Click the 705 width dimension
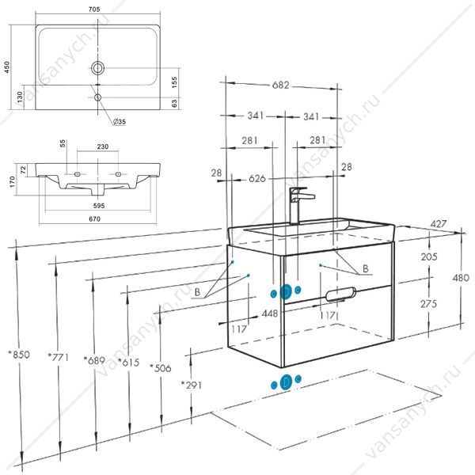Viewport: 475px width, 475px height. click(x=94, y=9)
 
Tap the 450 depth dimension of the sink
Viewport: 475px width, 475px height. click(x=6, y=67)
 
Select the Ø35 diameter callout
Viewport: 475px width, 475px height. click(x=119, y=122)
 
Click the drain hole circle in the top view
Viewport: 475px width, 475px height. click(x=97, y=67)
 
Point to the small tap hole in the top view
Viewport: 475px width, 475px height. click(x=97, y=97)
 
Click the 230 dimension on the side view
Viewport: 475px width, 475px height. click(x=103, y=146)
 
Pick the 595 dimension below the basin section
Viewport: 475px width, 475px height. click(x=99, y=206)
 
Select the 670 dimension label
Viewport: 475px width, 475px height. click(x=94, y=219)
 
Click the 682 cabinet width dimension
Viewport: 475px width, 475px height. click(x=280, y=85)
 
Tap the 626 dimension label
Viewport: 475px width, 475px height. click(x=256, y=179)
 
